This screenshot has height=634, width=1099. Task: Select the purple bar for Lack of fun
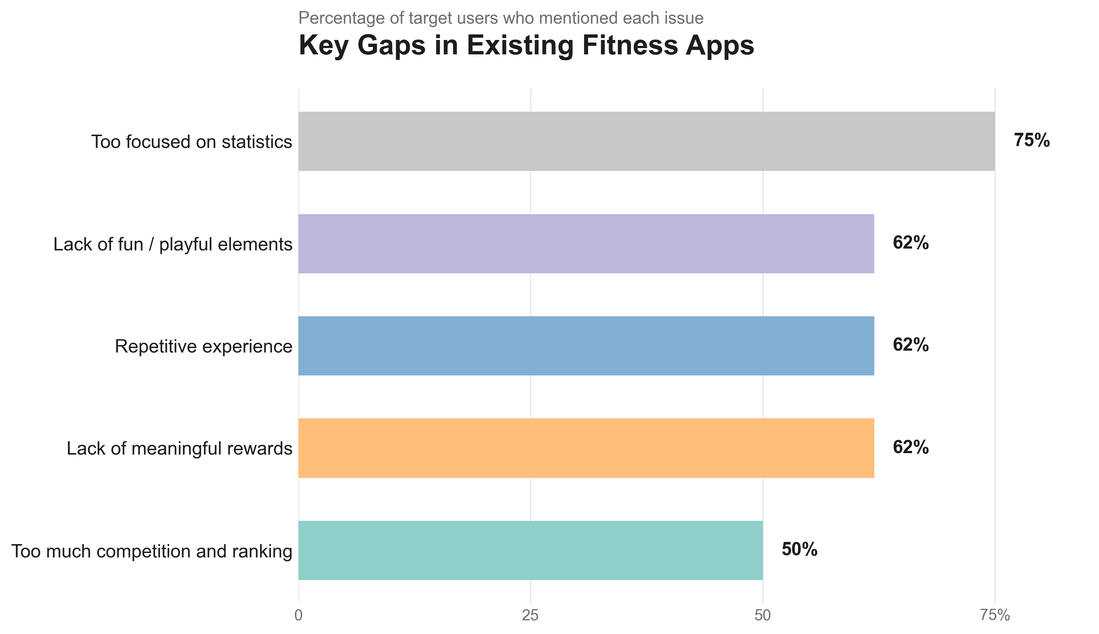(586, 244)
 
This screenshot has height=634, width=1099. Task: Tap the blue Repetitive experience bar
(586, 346)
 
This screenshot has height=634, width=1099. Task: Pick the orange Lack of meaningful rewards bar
(586, 448)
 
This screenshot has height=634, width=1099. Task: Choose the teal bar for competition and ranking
(530, 550)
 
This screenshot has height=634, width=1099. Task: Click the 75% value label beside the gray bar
(1032, 141)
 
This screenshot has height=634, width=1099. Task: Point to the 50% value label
(799, 550)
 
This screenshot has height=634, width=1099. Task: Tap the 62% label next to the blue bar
(910, 345)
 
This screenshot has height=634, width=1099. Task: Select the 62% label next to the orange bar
(910, 448)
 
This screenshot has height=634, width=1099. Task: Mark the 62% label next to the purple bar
(910, 243)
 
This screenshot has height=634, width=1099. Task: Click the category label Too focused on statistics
(192, 142)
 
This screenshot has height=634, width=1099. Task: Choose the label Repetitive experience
(203, 347)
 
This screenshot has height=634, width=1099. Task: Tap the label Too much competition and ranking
(152, 551)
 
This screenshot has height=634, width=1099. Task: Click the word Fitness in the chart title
(630, 45)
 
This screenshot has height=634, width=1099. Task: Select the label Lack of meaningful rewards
(179, 449)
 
